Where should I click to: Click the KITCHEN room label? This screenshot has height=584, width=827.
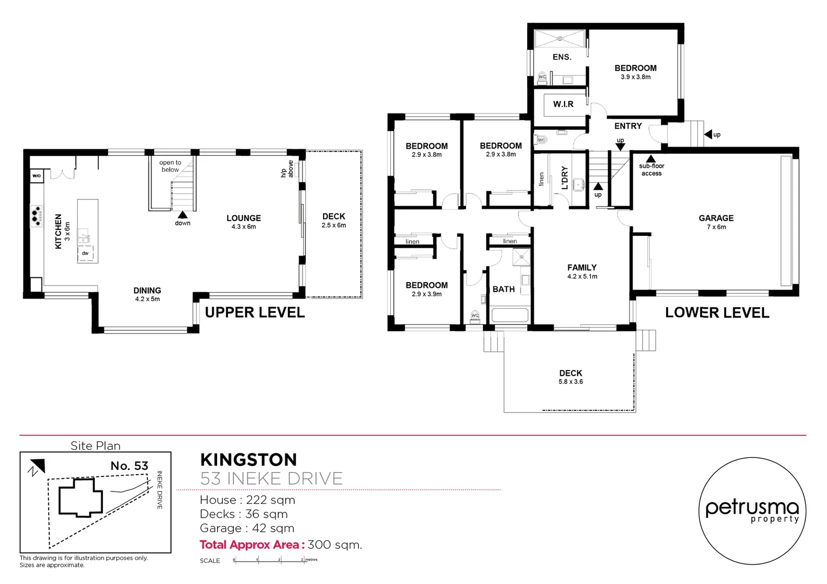coord(58,231)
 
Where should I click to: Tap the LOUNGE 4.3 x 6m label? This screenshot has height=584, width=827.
coord(244,222)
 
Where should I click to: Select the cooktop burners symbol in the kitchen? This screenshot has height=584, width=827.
coord(36,215)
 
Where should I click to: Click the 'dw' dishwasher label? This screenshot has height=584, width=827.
coord(85,253)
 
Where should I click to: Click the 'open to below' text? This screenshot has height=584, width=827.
coord(170,166)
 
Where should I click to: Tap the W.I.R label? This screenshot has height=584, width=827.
coord(563,104)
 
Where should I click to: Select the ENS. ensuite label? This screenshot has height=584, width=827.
coord(562,57)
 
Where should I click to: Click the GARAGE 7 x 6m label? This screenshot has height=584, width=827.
coord(716,222)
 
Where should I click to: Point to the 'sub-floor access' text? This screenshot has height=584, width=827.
coord(652,170)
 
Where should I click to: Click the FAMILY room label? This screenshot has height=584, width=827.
coord(582,268)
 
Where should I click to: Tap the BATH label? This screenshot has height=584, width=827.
coord(503,289)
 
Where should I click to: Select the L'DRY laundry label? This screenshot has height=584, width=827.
coord(565,177)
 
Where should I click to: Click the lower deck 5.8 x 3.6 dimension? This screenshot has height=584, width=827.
coord(570,382)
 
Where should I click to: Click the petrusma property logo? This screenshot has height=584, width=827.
coord(752,511)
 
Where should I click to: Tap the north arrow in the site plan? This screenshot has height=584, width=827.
coord(36,467)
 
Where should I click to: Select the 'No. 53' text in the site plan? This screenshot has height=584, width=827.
coord(129,466)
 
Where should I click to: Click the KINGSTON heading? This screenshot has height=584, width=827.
coord(248,460)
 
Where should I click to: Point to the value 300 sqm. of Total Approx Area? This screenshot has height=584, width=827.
coord(334,545)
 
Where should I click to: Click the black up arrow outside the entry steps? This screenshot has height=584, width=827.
coord(708,134)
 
